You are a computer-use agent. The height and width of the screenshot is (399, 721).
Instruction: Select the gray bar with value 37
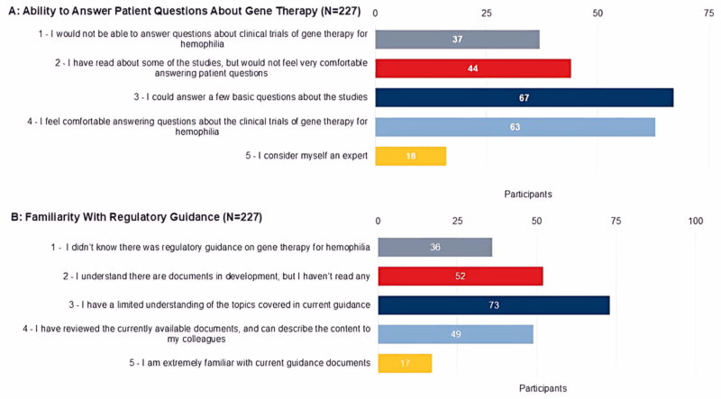point(457,40)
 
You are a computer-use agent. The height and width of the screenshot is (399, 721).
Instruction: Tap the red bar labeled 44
point(472,68)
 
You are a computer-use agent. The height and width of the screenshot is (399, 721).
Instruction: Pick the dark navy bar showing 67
point(524,97)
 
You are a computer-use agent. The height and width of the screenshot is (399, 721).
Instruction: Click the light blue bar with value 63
point(515,127)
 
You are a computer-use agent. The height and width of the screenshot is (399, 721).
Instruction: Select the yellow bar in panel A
point(410,156)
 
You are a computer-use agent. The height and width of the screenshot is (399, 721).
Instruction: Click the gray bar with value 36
point(434,247)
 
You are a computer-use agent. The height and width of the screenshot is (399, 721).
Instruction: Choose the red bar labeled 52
point(460,276)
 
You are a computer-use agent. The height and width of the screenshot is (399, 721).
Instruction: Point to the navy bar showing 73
point(493,305)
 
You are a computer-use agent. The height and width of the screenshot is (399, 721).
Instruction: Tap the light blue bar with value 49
point(455,334)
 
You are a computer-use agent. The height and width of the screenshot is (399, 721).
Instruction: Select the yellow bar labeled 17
point(405,363)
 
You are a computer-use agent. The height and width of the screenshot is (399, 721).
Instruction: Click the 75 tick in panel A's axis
point(709,14)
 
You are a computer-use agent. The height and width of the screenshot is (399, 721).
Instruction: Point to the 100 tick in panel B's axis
point(695,221)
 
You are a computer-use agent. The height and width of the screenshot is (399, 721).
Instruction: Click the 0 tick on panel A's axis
point(375,14)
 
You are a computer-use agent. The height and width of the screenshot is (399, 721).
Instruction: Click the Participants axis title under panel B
point(543,389)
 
